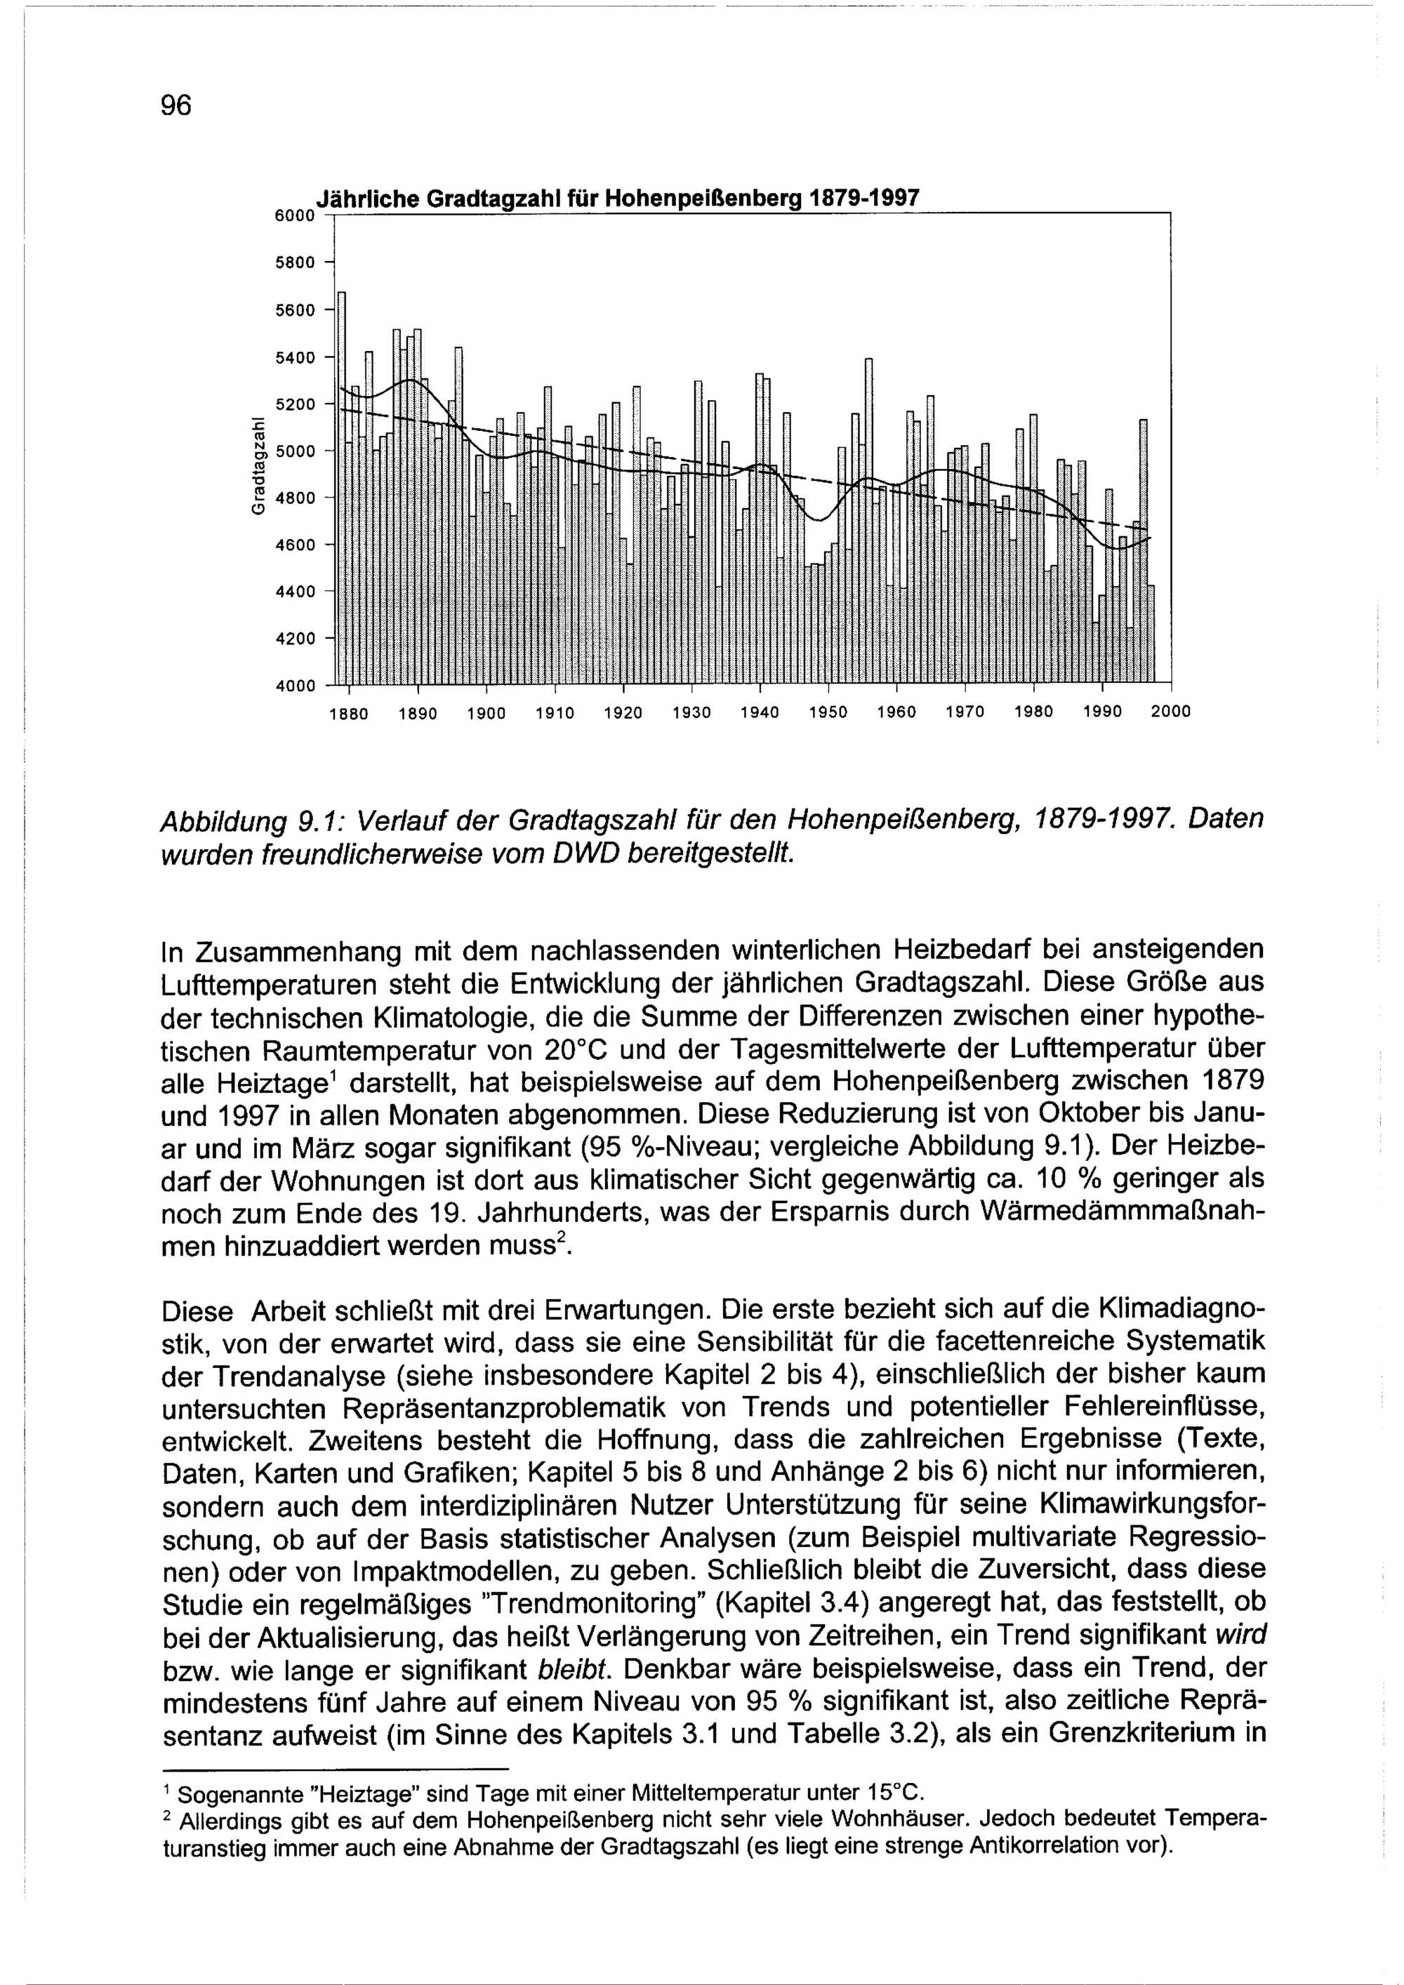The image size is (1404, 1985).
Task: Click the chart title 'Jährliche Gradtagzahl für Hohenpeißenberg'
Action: (x=617, y=198)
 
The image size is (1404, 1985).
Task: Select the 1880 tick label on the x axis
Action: (x=350, y=713)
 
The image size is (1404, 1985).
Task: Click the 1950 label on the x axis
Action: (x=828, y=713)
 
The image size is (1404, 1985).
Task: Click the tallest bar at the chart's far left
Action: (x=341, y=484)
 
